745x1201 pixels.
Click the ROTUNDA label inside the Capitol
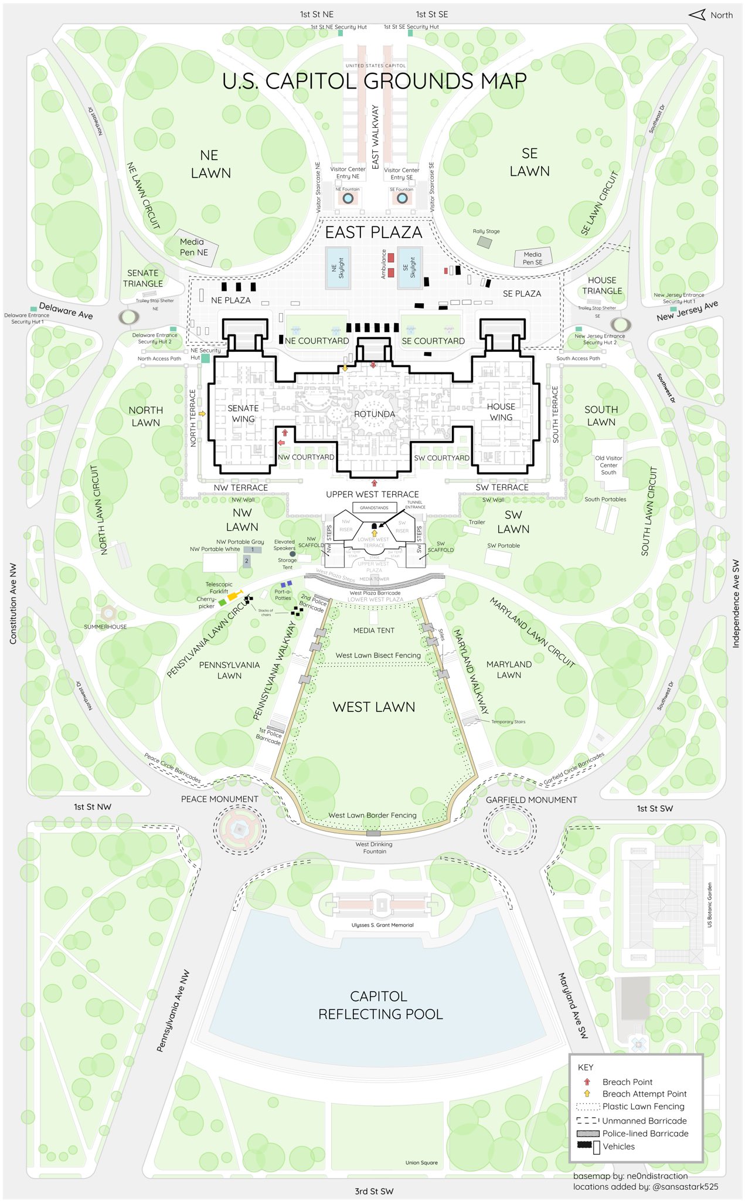click(x=374, y=414)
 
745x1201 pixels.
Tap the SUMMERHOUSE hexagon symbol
click(x=108, y=613)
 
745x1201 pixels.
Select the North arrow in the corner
click(x=697, y=15)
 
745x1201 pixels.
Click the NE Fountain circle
click(x=348, y=198)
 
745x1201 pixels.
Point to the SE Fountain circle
click(x=402, y=198)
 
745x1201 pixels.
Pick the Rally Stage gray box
click(x=484, y=241)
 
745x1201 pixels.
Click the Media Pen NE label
click(x=194, y=247)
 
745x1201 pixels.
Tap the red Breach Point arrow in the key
click(x=587, y=1081)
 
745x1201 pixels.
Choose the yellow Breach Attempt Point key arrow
click(x=587, y=1093)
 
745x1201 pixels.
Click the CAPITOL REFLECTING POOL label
click(x=380, y=1005)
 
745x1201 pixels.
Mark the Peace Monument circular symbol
click(x=239, y=828)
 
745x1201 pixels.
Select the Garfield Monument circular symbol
click(x=509, y=829)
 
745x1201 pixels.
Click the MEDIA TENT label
click(x=374, y=630)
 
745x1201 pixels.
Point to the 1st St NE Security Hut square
click(x=340, y=33)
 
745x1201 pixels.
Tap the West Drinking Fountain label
click(x=374, y=847)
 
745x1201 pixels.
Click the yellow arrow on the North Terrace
click(x=202, y=413)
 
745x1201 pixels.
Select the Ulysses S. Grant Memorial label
click(x=382, y=925)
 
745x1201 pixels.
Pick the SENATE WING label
click(x=243, y=413)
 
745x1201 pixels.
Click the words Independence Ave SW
click(x=736, y=604)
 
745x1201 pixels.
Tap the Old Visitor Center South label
click(x=608, y=465)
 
